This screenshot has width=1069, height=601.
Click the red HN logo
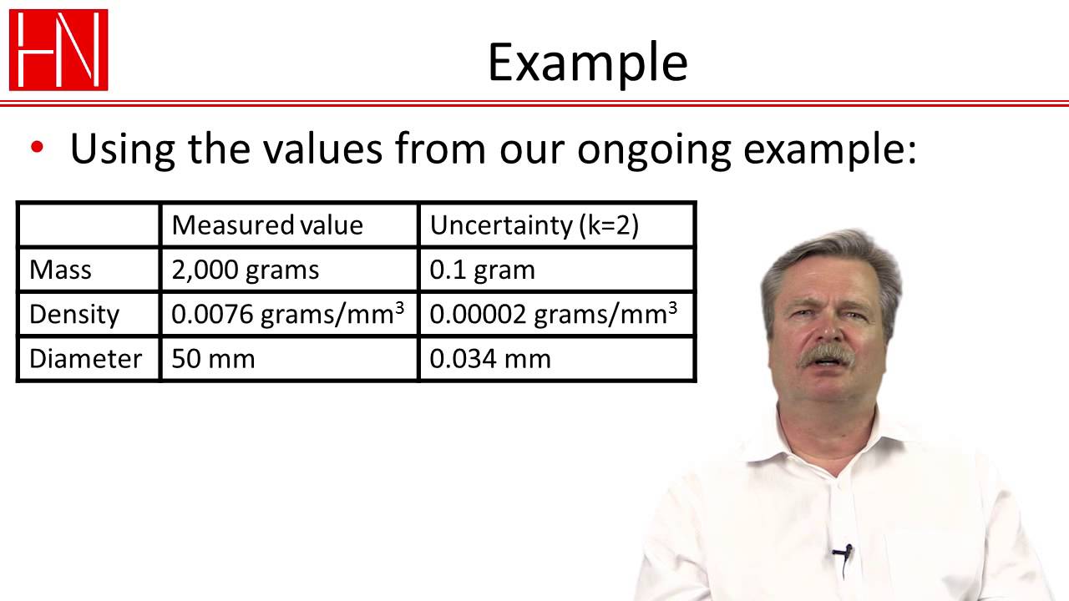[x=58, y=49]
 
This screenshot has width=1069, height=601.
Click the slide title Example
[x=587, y=62]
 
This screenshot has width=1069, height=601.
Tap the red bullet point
[x=36, y=148]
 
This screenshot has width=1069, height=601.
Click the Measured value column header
[x=267, y=225]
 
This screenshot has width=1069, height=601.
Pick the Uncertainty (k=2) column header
[x=534, y=225]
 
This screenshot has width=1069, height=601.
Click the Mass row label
[x=60, y=270]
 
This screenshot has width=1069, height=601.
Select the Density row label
[x=74, y=315]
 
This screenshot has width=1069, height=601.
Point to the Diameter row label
[x=85, y=359]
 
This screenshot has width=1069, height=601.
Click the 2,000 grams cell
[x=245, y=270]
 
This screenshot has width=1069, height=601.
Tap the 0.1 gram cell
[x=482, y=270]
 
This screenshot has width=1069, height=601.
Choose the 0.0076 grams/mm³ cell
[x=287, y=314]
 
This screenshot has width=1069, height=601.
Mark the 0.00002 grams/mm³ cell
[x=553, y=314]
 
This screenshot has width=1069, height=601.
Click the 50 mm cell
[x=213, y=359]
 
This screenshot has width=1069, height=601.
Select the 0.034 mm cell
[x=490, y=359]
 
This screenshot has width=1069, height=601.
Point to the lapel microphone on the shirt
[x=843, y=552]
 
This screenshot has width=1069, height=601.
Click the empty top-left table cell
[x=89, y=225]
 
